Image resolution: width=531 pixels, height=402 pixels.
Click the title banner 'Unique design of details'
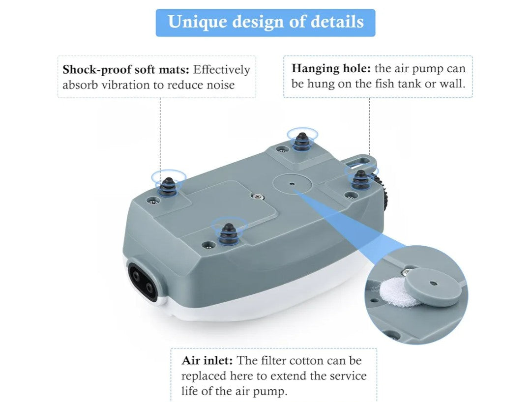coord(265,22)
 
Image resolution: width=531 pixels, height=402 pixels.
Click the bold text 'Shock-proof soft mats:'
coord(126,70)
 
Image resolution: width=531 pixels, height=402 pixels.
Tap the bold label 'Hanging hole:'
coord(331,69)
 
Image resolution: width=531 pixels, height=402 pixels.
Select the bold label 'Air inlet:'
coord(207,360)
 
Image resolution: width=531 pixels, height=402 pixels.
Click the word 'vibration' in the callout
coord(126,85)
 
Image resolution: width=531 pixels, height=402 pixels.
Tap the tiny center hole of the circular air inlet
coord(293,184)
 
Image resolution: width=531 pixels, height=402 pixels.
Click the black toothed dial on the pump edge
coord(383,190)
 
